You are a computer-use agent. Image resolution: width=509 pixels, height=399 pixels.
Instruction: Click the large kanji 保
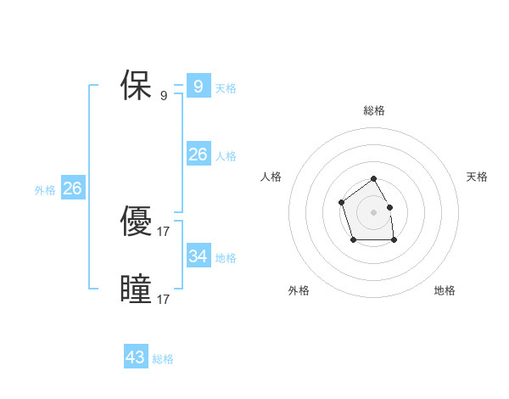click(136, 86)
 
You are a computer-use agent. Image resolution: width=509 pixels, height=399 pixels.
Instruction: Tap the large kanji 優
click(136, 222)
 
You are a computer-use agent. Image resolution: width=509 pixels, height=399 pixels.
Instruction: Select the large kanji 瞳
click(136, 289)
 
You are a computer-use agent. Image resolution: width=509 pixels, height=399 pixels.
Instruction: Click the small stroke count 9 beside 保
click(164, 96)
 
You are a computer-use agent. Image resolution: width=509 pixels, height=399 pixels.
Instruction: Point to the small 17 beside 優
click(164, 231)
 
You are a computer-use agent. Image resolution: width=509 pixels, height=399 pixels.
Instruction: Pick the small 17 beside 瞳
click(164, 300)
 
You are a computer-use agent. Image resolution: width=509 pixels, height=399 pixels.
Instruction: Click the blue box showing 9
click(198, 86)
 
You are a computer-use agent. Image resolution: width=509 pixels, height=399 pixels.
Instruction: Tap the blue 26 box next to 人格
click(198, 154)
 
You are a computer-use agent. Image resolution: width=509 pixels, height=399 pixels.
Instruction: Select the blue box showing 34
click(198, 256)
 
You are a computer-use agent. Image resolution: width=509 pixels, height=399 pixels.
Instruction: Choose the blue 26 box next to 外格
click(72, 188)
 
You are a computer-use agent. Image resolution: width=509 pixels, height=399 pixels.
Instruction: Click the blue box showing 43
click(135, 357)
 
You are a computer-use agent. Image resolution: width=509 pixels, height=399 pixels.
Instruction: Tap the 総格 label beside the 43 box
click(163, 359)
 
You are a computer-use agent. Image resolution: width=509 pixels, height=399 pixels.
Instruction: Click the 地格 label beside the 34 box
click(226, 258)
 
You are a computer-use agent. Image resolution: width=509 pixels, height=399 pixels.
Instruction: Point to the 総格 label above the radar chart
click(374, 110)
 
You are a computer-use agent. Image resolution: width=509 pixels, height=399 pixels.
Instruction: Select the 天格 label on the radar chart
click(477, 177)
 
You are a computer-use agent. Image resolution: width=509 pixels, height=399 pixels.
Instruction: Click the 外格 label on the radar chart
click(299, 290)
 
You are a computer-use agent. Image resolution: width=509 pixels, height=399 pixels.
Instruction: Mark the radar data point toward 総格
click(374, 179)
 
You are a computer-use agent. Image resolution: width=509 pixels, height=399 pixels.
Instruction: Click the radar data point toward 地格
click(394, 241)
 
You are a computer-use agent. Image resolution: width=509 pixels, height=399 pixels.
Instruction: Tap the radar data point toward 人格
click(341, 202)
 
